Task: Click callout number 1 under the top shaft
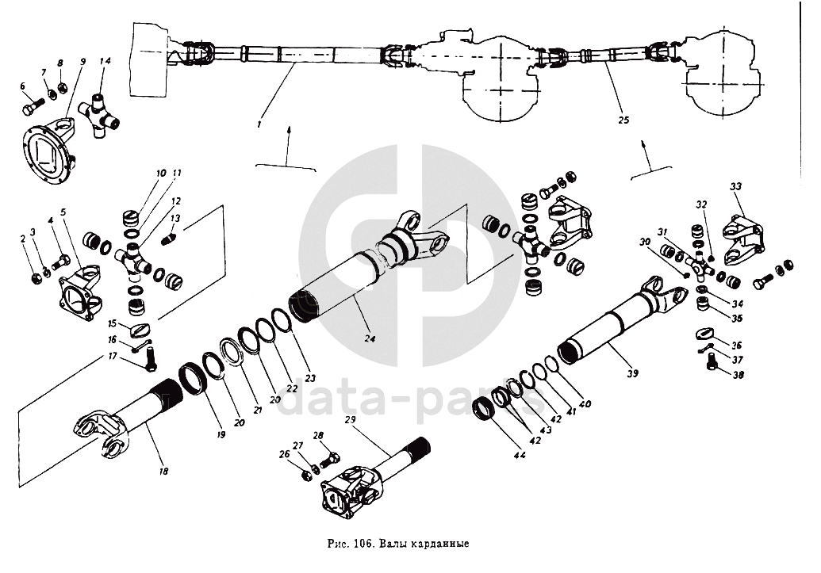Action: tap(259, 124)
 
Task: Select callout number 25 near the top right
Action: tap(623, 120)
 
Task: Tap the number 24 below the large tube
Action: tap(369, 338)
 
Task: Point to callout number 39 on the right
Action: tap(632, 372)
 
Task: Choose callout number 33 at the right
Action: tap(735, 187)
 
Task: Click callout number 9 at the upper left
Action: tap(82, 62)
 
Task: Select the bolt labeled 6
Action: tap(29, 104)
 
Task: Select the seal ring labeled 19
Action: tap(193, 377)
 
